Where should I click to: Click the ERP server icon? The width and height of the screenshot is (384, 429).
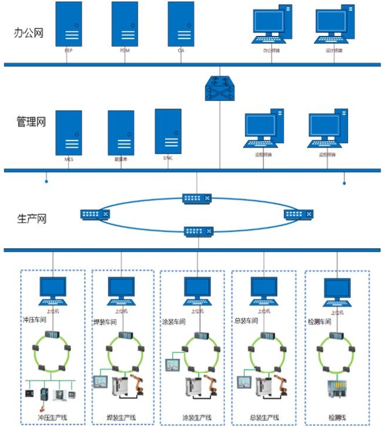68,24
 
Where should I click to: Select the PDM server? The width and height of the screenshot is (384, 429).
125,24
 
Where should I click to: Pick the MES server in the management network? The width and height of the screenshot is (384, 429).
68,133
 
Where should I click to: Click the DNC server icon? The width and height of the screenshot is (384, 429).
168,131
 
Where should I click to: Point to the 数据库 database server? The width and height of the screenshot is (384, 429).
121,133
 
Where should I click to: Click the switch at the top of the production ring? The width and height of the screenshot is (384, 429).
197,198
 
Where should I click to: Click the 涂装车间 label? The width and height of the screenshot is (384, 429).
174,322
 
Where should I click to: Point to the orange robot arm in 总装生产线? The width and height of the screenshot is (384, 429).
281,384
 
